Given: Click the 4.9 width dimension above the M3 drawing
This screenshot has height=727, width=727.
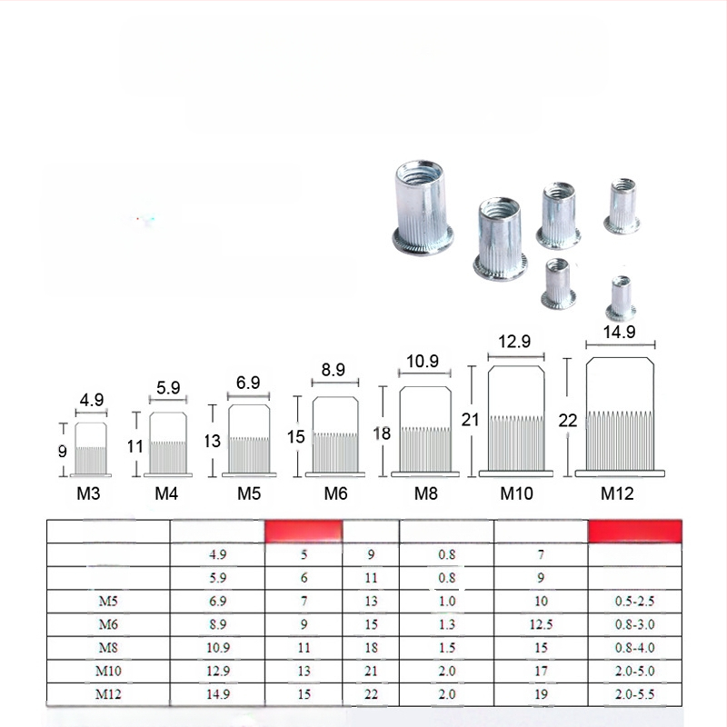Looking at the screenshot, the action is [92, 400].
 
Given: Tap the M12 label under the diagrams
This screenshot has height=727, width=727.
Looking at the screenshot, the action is [617, 493].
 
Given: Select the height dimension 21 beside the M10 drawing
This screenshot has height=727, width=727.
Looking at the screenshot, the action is [470, 420].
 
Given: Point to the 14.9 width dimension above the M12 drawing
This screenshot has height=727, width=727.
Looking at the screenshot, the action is [620, 332].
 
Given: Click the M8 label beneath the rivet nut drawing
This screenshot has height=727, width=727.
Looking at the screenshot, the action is [425, 493].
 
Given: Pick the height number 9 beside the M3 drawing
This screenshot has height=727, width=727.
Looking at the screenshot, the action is [62, 451].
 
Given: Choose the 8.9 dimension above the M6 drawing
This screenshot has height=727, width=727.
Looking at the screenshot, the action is [333, 370].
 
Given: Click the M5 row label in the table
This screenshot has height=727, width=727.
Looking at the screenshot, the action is [108, 601].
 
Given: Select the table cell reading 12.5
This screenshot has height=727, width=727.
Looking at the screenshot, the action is [541, 624].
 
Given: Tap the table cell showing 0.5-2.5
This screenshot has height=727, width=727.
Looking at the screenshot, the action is [634, 601].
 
